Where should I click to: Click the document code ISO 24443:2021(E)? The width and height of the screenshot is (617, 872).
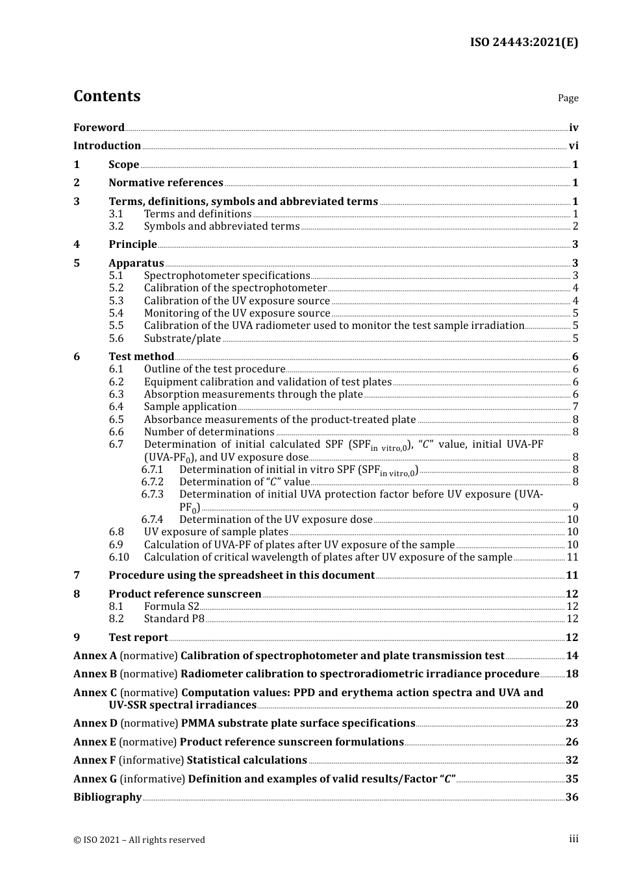tap(523, 43)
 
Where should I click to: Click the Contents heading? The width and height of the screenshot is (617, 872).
tap(107, 96)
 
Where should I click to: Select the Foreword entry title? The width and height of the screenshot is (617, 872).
tap(99, 128)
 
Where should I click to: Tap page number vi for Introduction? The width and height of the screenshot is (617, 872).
tap(573, 146)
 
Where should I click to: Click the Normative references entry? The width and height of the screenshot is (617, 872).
tap(166, 183)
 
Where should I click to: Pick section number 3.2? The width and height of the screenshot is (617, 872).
tap(116, 226)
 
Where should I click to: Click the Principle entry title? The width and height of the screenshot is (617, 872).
tap(132, 245)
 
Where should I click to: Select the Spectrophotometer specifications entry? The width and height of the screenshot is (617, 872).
tap(227, 276)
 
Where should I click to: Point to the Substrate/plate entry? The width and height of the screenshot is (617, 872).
tap(182, 339)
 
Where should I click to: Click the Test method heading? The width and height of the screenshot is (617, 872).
tap(141, 357)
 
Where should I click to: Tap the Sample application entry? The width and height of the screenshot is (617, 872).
tap(190, 407)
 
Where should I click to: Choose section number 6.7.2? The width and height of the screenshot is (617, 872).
tap(152, 482)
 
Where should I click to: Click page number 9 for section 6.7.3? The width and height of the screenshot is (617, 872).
tap(575, 507)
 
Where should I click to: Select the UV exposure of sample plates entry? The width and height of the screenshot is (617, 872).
tap(216, 532)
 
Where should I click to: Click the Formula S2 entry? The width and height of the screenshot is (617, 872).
tap(171, 607)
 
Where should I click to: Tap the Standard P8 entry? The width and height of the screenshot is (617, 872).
tap(174, 619)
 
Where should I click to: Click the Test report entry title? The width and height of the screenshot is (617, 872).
tap(138, 638)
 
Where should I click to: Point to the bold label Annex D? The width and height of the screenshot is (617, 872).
tap(95, 723)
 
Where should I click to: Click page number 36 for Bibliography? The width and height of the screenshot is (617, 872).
tap(572, 797)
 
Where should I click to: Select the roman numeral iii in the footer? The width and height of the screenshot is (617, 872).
tap(573, 839)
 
